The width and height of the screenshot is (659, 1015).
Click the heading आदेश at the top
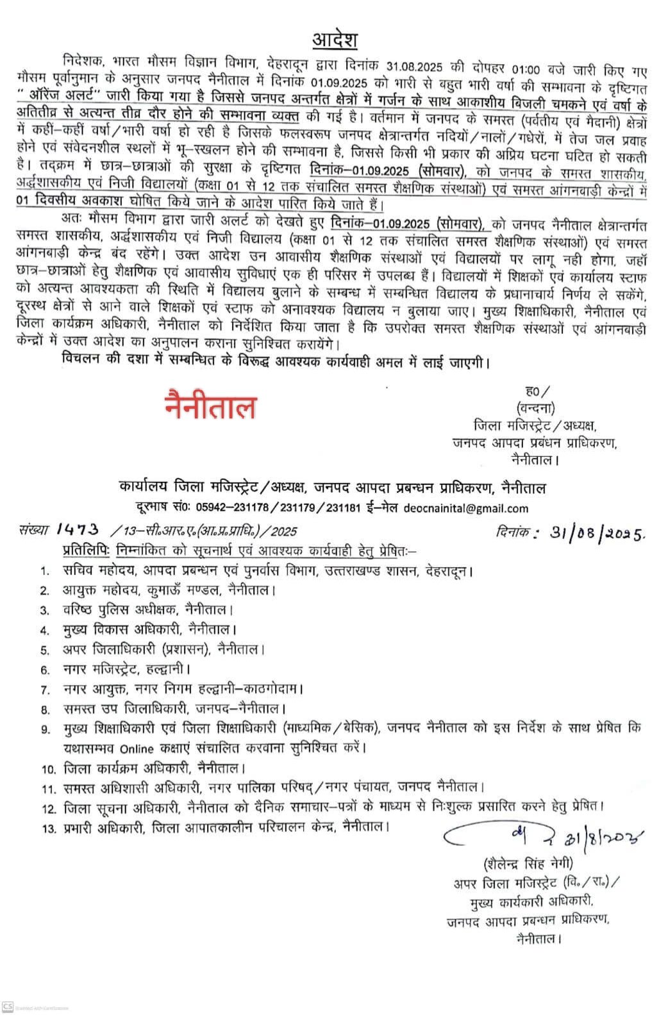point(335,40)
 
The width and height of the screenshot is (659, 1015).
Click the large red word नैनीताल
point(211,408)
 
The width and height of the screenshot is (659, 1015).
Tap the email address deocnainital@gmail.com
point(466,508)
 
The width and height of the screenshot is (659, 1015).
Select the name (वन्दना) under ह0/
point(534,408)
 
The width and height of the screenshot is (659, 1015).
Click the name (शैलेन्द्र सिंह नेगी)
point(528,861)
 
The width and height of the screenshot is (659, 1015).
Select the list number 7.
point(44,690)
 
